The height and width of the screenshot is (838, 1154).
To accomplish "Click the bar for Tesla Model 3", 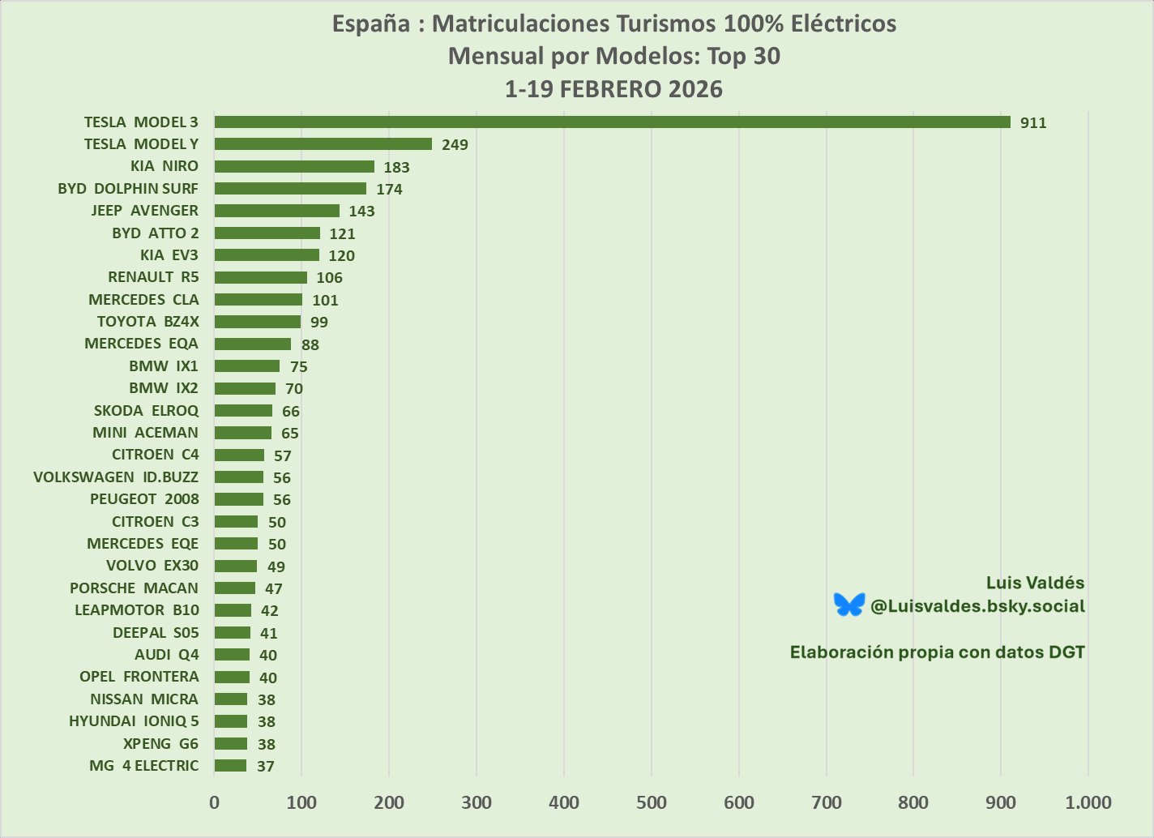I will [612, 122].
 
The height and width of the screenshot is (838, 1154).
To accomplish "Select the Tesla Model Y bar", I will [323, 144].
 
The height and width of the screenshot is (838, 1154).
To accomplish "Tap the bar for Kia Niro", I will [294, 166].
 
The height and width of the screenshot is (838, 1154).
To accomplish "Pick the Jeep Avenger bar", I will [276, 211].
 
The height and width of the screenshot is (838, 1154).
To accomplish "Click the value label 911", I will [1033, 123].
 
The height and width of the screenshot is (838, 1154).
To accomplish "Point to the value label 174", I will [389, 190].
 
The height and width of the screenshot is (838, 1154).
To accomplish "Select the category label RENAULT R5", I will [153, 277].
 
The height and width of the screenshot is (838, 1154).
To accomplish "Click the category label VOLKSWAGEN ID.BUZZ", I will [116, 477].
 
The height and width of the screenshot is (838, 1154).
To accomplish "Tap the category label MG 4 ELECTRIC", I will [143, 766].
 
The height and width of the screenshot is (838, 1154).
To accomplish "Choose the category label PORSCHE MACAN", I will [134, 588].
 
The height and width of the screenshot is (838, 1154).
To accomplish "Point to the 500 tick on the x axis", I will [652, 803].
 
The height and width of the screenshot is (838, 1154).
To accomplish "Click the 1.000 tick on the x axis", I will [1088, 803].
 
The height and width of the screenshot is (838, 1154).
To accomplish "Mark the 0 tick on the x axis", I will [214, 803].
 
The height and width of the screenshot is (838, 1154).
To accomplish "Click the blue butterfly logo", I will [849, 605].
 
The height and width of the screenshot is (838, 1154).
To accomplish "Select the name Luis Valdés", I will [1035, 583].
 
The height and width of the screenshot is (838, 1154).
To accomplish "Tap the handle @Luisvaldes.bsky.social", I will [977, 606].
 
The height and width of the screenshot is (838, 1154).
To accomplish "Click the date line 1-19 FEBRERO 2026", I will [613, 89].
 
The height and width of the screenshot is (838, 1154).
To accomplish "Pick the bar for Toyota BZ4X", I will [257, 322].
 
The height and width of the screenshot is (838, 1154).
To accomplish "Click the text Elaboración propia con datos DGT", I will [937, 652].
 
